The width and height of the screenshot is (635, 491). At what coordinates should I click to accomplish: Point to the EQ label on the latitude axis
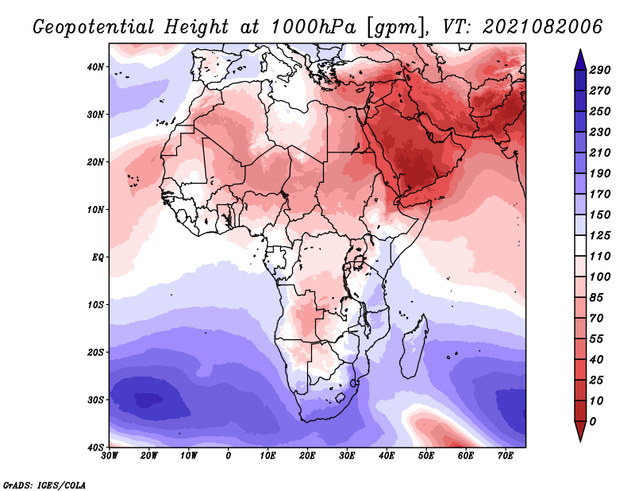[x=98, y=257]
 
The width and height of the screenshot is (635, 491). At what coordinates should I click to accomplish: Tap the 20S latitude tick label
[x=95, y=352]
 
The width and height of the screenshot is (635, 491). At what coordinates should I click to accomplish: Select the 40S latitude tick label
[x=95, y=447]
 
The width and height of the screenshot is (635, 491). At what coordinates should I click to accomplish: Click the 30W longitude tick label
[x=110, y=456]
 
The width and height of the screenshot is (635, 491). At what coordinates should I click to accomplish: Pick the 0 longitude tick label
[x=229, y=456]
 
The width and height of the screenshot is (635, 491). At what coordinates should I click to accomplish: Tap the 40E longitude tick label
[x=387, y=456]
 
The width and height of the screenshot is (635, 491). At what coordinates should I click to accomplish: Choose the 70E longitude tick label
[x=505, y=456]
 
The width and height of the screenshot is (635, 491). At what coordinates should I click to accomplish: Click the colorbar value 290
[x=600, y=71]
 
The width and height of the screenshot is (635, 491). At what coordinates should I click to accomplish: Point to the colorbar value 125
[x=600, y=236]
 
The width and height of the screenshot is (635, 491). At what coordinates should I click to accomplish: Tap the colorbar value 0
[x=594, y=421]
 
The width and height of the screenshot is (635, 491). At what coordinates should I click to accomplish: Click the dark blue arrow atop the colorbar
[x=579, y=58]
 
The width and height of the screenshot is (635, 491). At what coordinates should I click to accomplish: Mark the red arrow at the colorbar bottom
[x=579, y=432]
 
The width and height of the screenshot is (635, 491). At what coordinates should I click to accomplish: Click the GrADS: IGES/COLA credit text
[x=44, y=484]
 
